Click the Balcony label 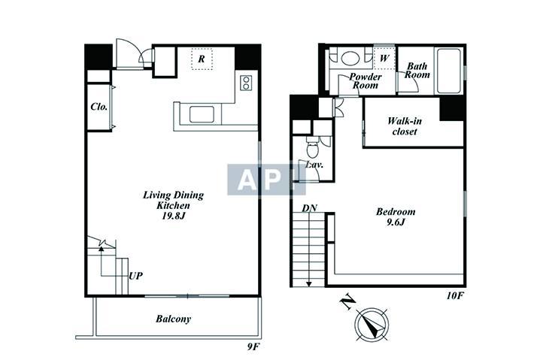click(173, 319)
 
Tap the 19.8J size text click(173, 216)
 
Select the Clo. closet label click(99, 107)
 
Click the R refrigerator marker click(202, 59)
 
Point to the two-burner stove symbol click(246, 83)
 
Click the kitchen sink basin click(202, 114)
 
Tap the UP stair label click(136, 276)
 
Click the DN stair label click(310, 208)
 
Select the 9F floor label click(253, 346)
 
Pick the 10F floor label click(455, 295)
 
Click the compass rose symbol click(372, 324)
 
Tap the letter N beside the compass click(348, 302)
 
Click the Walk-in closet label click(404, 126)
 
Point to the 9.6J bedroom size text click(396, 222)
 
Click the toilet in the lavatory click(311, 148)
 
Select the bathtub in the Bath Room click(448, 71)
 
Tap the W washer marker click(384, 59)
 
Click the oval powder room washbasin click(350, 58)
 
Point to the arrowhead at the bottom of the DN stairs click(309, 284)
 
